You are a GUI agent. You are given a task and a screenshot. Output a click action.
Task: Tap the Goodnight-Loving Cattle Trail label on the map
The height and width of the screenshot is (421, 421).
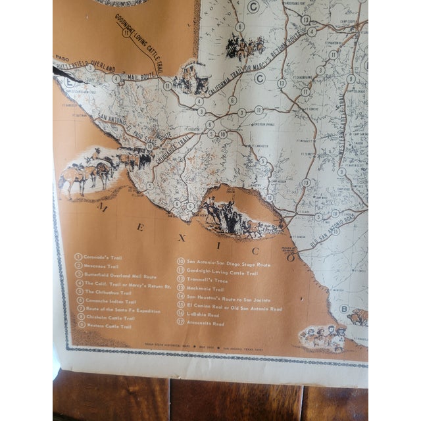tap(142, 39)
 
